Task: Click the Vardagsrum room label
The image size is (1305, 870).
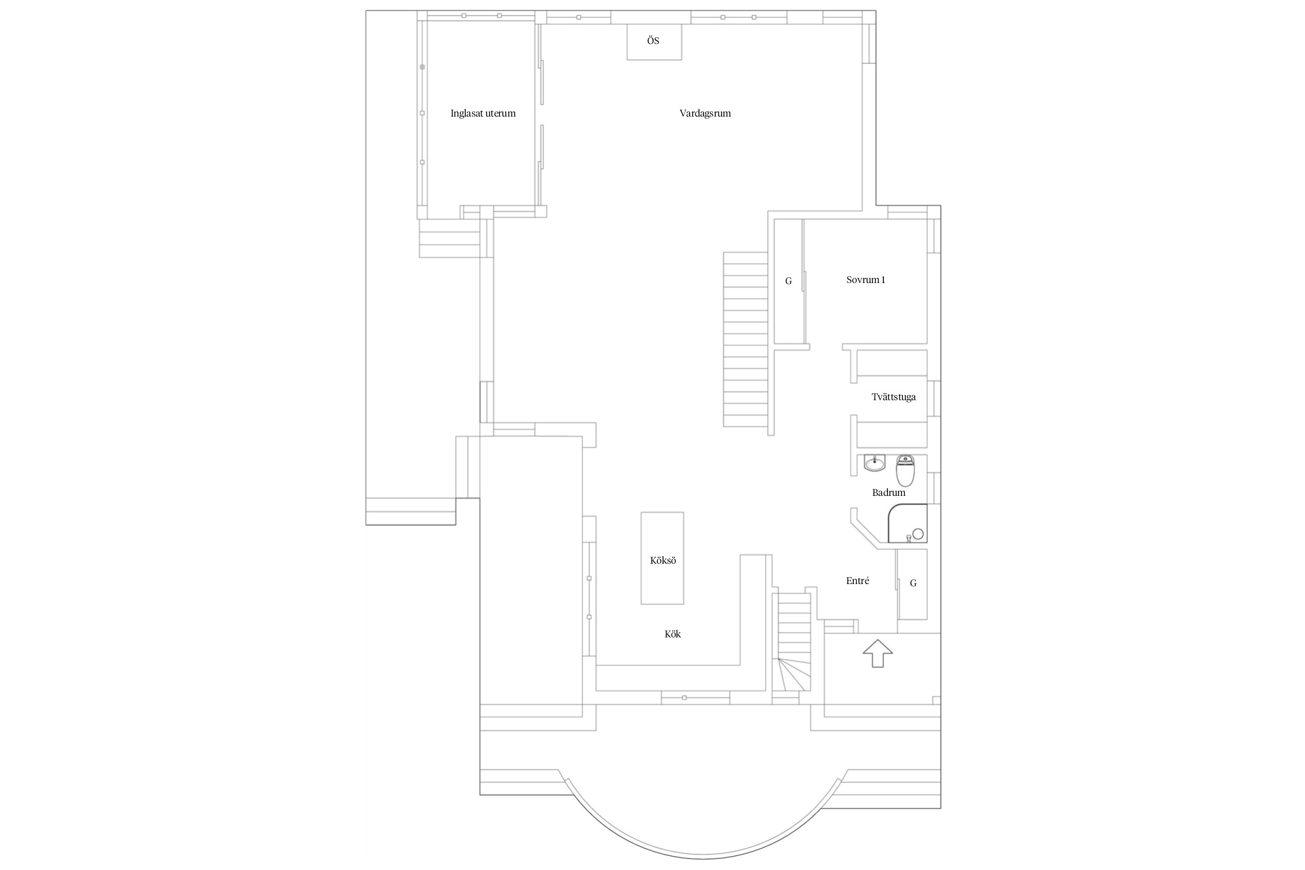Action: tap(705, 114)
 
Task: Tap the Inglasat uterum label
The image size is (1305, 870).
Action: tap(483, 114)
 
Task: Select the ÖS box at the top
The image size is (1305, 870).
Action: tap(654, 42)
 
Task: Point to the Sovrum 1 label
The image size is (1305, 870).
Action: tap(865, 280)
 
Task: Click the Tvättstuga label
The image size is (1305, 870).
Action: tap(893, 397)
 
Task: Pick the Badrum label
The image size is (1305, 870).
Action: tap(889, 493)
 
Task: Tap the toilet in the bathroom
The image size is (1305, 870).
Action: tap(905, 470)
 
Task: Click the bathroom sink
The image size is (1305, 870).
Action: tap(874, 463)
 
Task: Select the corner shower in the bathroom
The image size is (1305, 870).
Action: tap(907, 524)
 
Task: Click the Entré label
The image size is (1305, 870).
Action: tap(857, 581)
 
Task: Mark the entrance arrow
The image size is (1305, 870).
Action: tap(878, 654)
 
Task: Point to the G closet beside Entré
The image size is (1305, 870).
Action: tap(912, 583)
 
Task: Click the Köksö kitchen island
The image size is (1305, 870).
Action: tap(662, 558)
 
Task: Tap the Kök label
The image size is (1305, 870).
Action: tap(673, 635)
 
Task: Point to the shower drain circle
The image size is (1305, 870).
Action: tap(918, 534)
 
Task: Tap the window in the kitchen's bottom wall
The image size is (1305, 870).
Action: tap(695, 697)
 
